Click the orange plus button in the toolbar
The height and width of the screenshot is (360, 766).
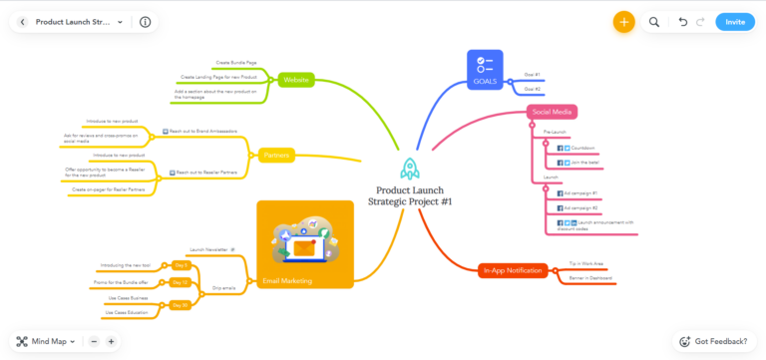(x=624, y=22)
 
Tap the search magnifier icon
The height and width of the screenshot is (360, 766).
(x=654, y=22)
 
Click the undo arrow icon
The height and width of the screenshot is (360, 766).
(x=682, y=22)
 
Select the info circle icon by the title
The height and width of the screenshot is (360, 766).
(x=146, y=22)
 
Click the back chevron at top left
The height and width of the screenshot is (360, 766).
(x=22, y=22)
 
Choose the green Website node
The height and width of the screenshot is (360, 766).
(x=295, y=79)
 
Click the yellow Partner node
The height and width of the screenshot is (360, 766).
(x=275, y=156)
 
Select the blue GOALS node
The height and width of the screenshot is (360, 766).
(x=485, y=70)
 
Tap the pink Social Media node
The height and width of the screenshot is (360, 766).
(x=553, y=112)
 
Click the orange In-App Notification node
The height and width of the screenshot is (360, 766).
(x=513, y=270)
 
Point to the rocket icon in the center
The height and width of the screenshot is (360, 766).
(x=408, y=170)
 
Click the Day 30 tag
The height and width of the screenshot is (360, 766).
(x=180, y=304)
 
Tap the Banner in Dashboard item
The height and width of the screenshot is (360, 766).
(x=592, y=277)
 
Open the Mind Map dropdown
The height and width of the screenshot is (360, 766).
(x=46, y=341)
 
